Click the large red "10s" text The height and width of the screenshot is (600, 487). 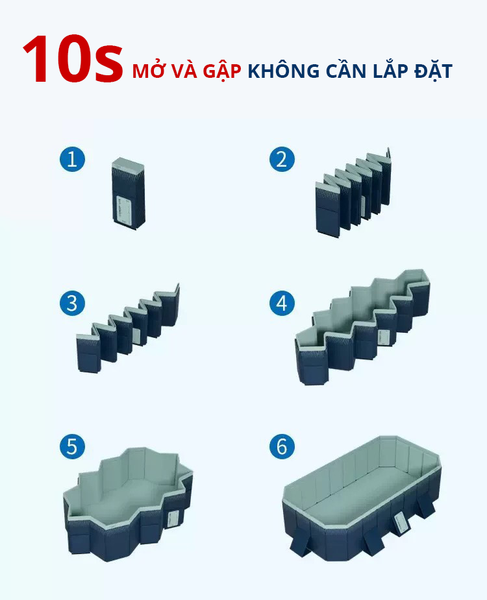coord(73,59)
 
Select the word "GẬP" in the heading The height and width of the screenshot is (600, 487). coord(222,72)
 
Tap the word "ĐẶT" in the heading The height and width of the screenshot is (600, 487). coord(433,71)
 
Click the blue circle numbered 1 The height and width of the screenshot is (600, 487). coord(73,159)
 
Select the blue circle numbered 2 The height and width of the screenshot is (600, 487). coord(282,159)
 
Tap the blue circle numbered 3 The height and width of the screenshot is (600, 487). coord(73,304)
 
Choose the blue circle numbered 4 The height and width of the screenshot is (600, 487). coord(282,304)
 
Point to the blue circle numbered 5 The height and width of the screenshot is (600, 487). coord(73,446)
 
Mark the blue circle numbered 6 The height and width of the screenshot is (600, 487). coord(282,446)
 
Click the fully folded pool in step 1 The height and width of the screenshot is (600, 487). coord(129,194)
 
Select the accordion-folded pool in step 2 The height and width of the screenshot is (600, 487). coord(353,193)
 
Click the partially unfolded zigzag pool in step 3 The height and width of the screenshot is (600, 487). coord(128,328)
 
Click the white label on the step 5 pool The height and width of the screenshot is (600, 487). coord(173,520)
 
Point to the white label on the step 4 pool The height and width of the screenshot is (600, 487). coord(384,337)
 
